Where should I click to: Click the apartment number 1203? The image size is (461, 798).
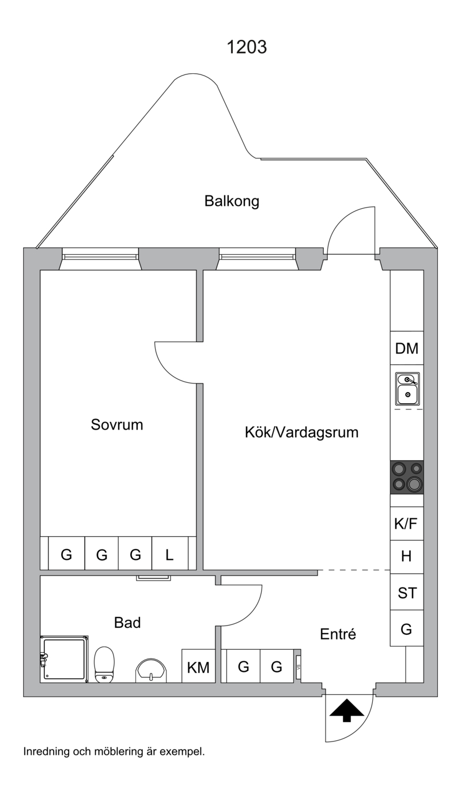247,47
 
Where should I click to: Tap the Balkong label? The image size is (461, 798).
232,201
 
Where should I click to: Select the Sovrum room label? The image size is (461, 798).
117,424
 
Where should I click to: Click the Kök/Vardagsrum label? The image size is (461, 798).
301,432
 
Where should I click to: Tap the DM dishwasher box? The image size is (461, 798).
407,348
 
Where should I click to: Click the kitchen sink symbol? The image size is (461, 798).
407,389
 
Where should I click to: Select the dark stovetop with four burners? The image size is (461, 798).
407,477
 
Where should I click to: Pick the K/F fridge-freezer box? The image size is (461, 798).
407,524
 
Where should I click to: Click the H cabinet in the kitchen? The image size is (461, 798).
407,556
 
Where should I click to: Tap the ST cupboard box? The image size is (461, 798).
407,593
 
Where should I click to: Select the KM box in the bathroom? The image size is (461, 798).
198,666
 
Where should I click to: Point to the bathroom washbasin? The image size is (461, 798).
152,671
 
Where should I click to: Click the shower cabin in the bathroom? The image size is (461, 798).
64,659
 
